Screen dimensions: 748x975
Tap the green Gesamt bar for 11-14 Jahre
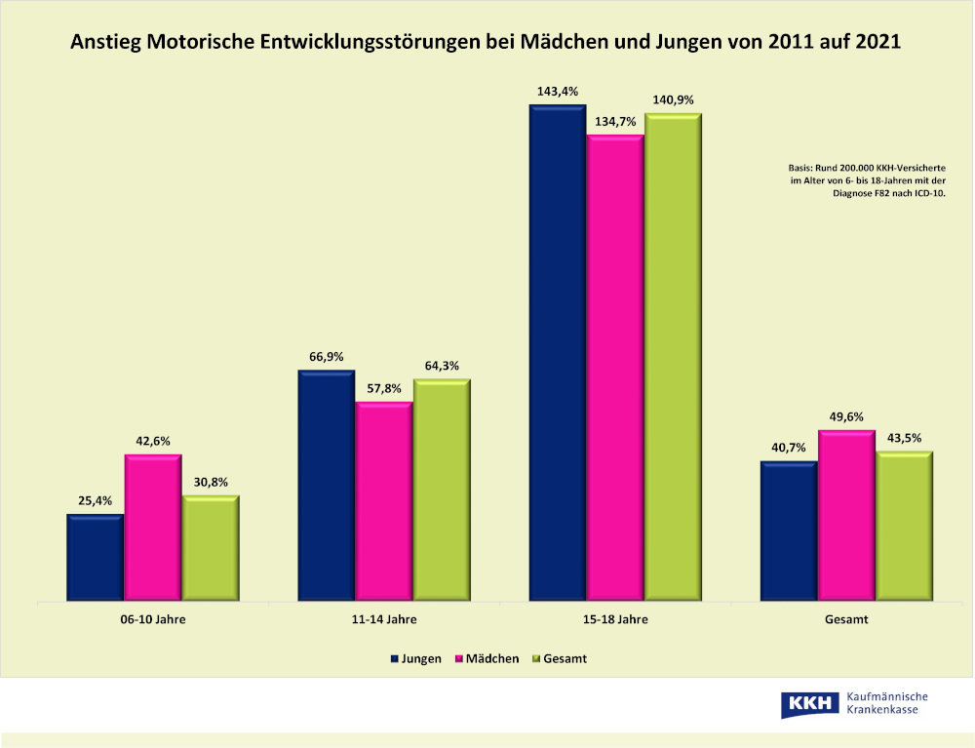[442, 490]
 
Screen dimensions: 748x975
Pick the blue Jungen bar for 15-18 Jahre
[557, 352]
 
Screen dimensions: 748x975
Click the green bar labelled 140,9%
[673, 357]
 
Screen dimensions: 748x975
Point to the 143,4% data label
[557, 92]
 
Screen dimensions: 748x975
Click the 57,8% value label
[384, 388]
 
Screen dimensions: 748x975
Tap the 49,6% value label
[845, 416]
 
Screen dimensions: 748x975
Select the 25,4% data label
[95, 501]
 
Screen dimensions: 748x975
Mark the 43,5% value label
[904, 438]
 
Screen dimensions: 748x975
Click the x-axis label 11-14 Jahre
[383, 619]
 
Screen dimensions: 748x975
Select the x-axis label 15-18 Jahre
[614, 619]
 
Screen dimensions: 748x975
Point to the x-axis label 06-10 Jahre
[153, 619]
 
